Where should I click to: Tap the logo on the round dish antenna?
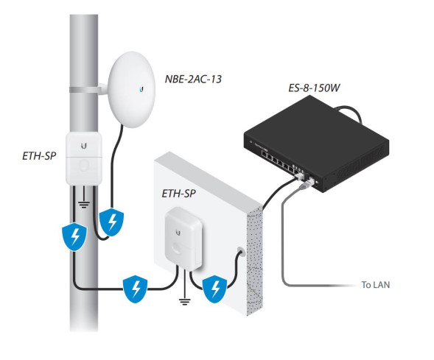139,91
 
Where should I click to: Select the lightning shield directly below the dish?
111,221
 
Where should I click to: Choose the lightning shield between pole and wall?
136,288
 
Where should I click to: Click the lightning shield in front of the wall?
214,286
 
